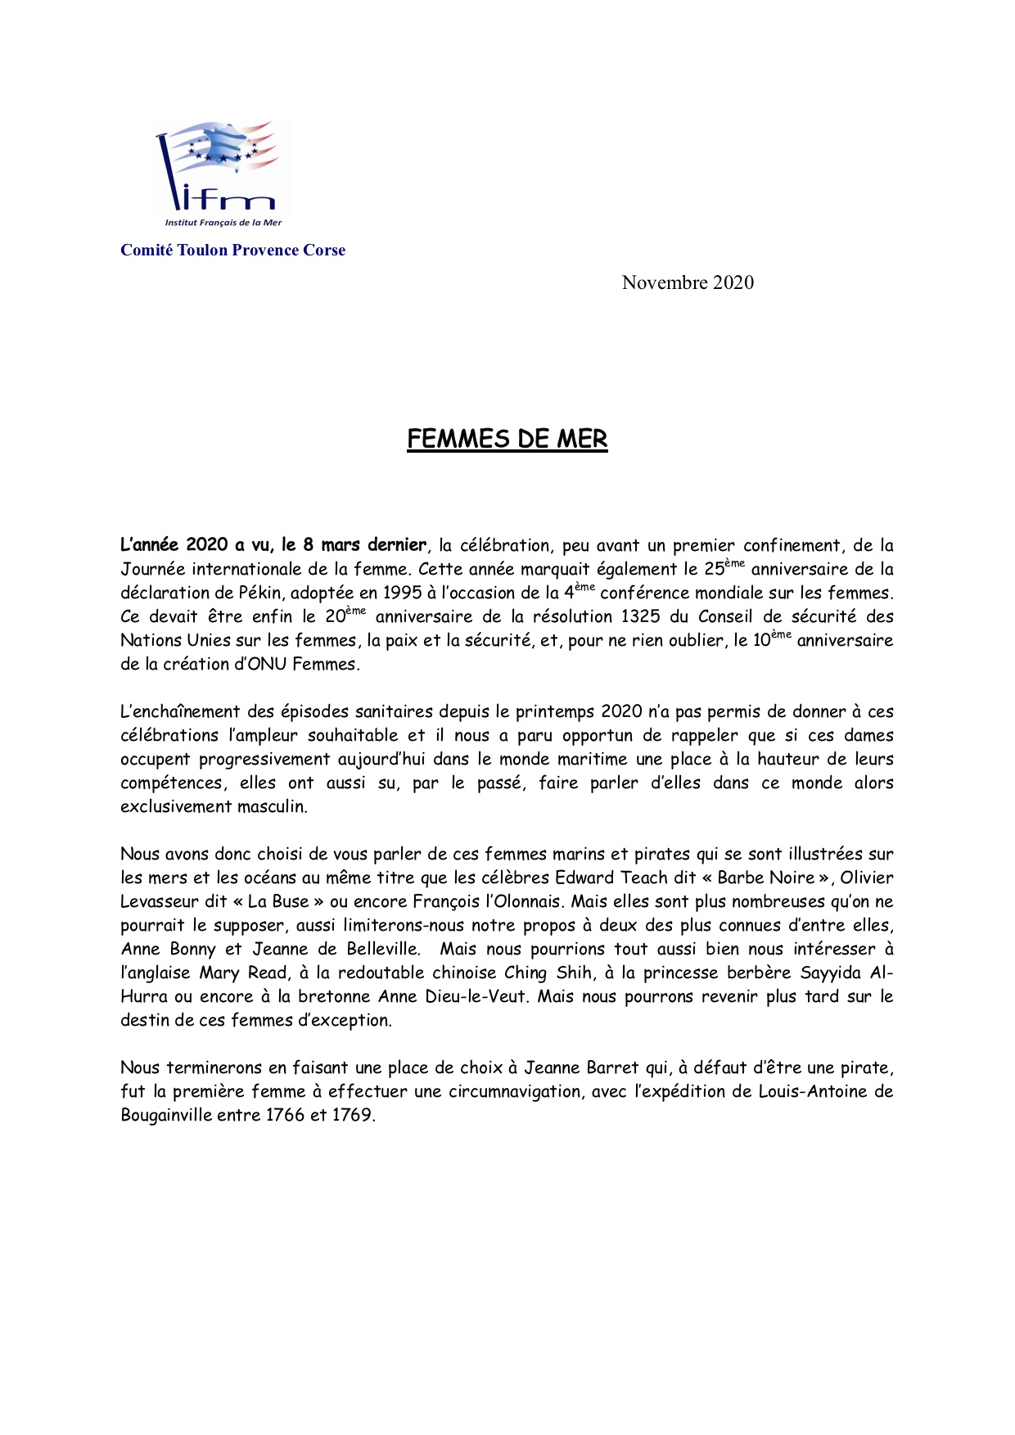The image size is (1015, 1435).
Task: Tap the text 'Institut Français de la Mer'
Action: coord(223,223)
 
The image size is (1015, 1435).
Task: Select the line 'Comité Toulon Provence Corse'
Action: coord(232,250)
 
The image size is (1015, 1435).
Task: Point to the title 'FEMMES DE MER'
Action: coord(508,440)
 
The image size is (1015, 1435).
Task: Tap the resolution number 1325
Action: coord(641,617)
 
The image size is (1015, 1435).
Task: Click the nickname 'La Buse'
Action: coord(278,902)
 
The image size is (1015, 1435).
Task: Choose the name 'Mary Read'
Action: coord(244,973)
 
